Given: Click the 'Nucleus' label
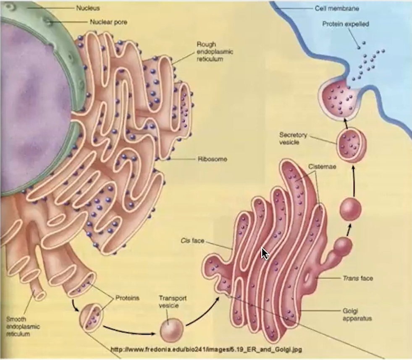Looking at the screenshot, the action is tap(88, 8).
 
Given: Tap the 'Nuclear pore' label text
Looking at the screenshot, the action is tap(108, 22).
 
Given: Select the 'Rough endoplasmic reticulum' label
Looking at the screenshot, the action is tap(215, 52).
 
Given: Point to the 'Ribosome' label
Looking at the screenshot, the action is tap(213, 159).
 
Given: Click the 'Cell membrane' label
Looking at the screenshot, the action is tap(337, 8).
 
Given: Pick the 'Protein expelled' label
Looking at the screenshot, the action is tap(346, 24).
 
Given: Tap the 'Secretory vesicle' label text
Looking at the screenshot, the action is tap(293, 138).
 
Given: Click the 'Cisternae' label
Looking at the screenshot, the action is tap(322, 167).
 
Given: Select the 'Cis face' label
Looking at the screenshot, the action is tap(192, 240).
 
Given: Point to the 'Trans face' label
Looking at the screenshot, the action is tap(358, 278).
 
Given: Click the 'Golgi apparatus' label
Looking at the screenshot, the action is tap(357, 315).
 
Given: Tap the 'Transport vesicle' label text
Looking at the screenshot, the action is tap(173, 302).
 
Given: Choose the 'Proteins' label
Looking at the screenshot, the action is tap(127, 298).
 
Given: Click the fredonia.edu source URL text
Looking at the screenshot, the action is tap(206, 350).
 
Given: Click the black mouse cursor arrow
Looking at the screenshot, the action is tap(265, 253).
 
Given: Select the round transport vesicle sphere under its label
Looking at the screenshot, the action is tap(171, 330).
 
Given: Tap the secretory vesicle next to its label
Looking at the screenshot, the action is tap(351, 145).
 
